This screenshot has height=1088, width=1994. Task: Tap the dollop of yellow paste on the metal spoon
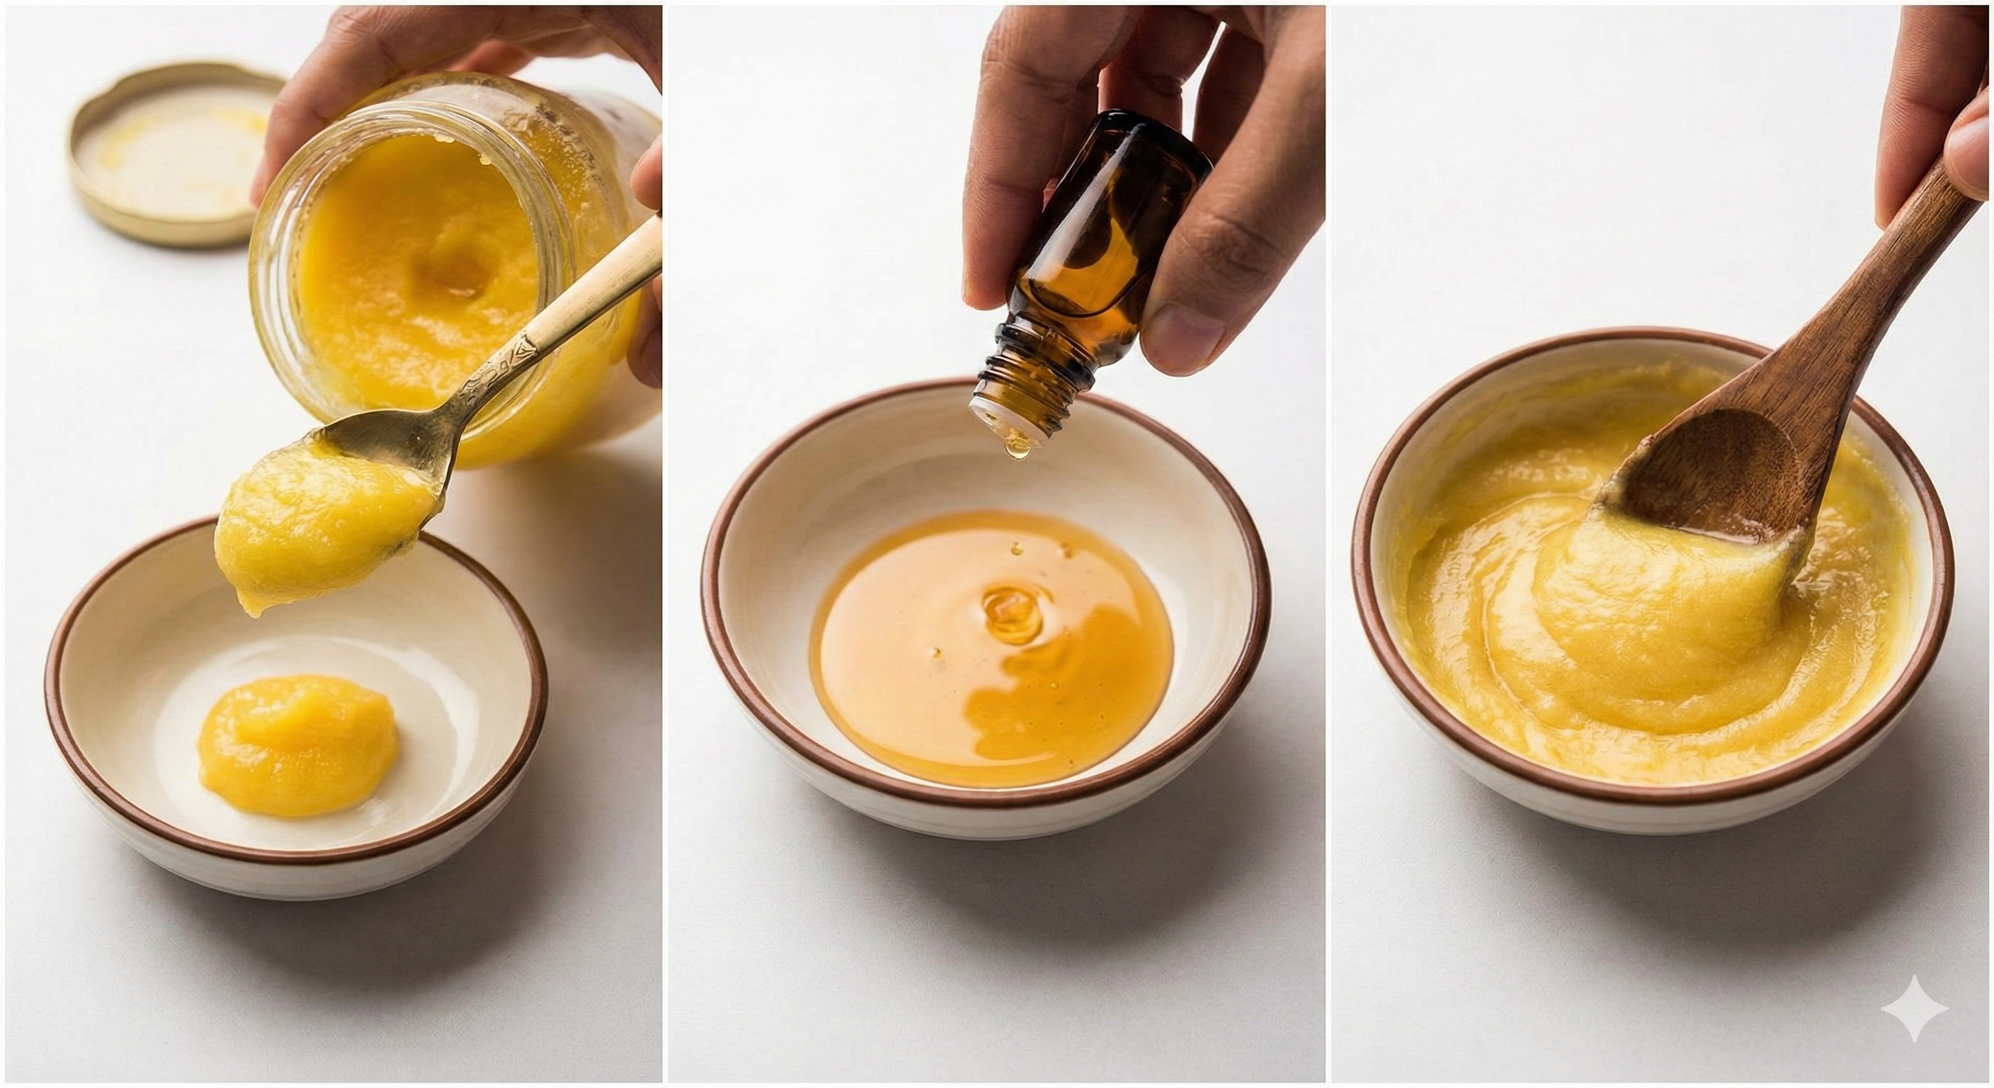pos(317,518)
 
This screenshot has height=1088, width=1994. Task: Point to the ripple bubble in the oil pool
pos(1010,612)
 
